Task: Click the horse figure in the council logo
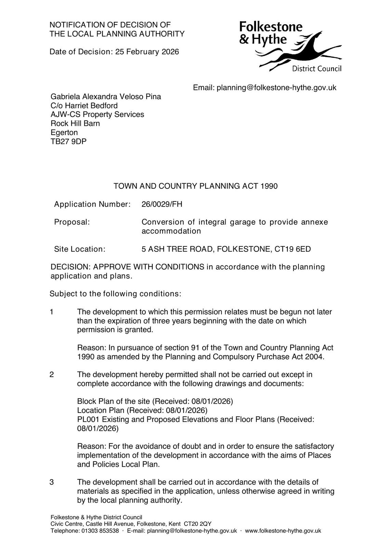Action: [301, 51]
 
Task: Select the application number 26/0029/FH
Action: [162, 204]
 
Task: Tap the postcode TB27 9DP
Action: [68, 142]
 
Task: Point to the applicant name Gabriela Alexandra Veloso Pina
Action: [106, 97]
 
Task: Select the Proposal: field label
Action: [72, 222]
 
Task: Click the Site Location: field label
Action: [80, 249]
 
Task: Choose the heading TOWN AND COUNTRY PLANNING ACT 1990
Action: [196, 186]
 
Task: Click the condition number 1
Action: [52, 312]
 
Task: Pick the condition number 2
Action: [52, 375]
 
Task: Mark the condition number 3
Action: [52, 482]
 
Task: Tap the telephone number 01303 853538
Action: [100, 531]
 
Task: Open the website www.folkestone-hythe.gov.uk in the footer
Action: [283, 531]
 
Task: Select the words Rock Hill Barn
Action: [75, 123]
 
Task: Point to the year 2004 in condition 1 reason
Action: [315, 357]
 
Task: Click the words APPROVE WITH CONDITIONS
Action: [149, 267]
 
